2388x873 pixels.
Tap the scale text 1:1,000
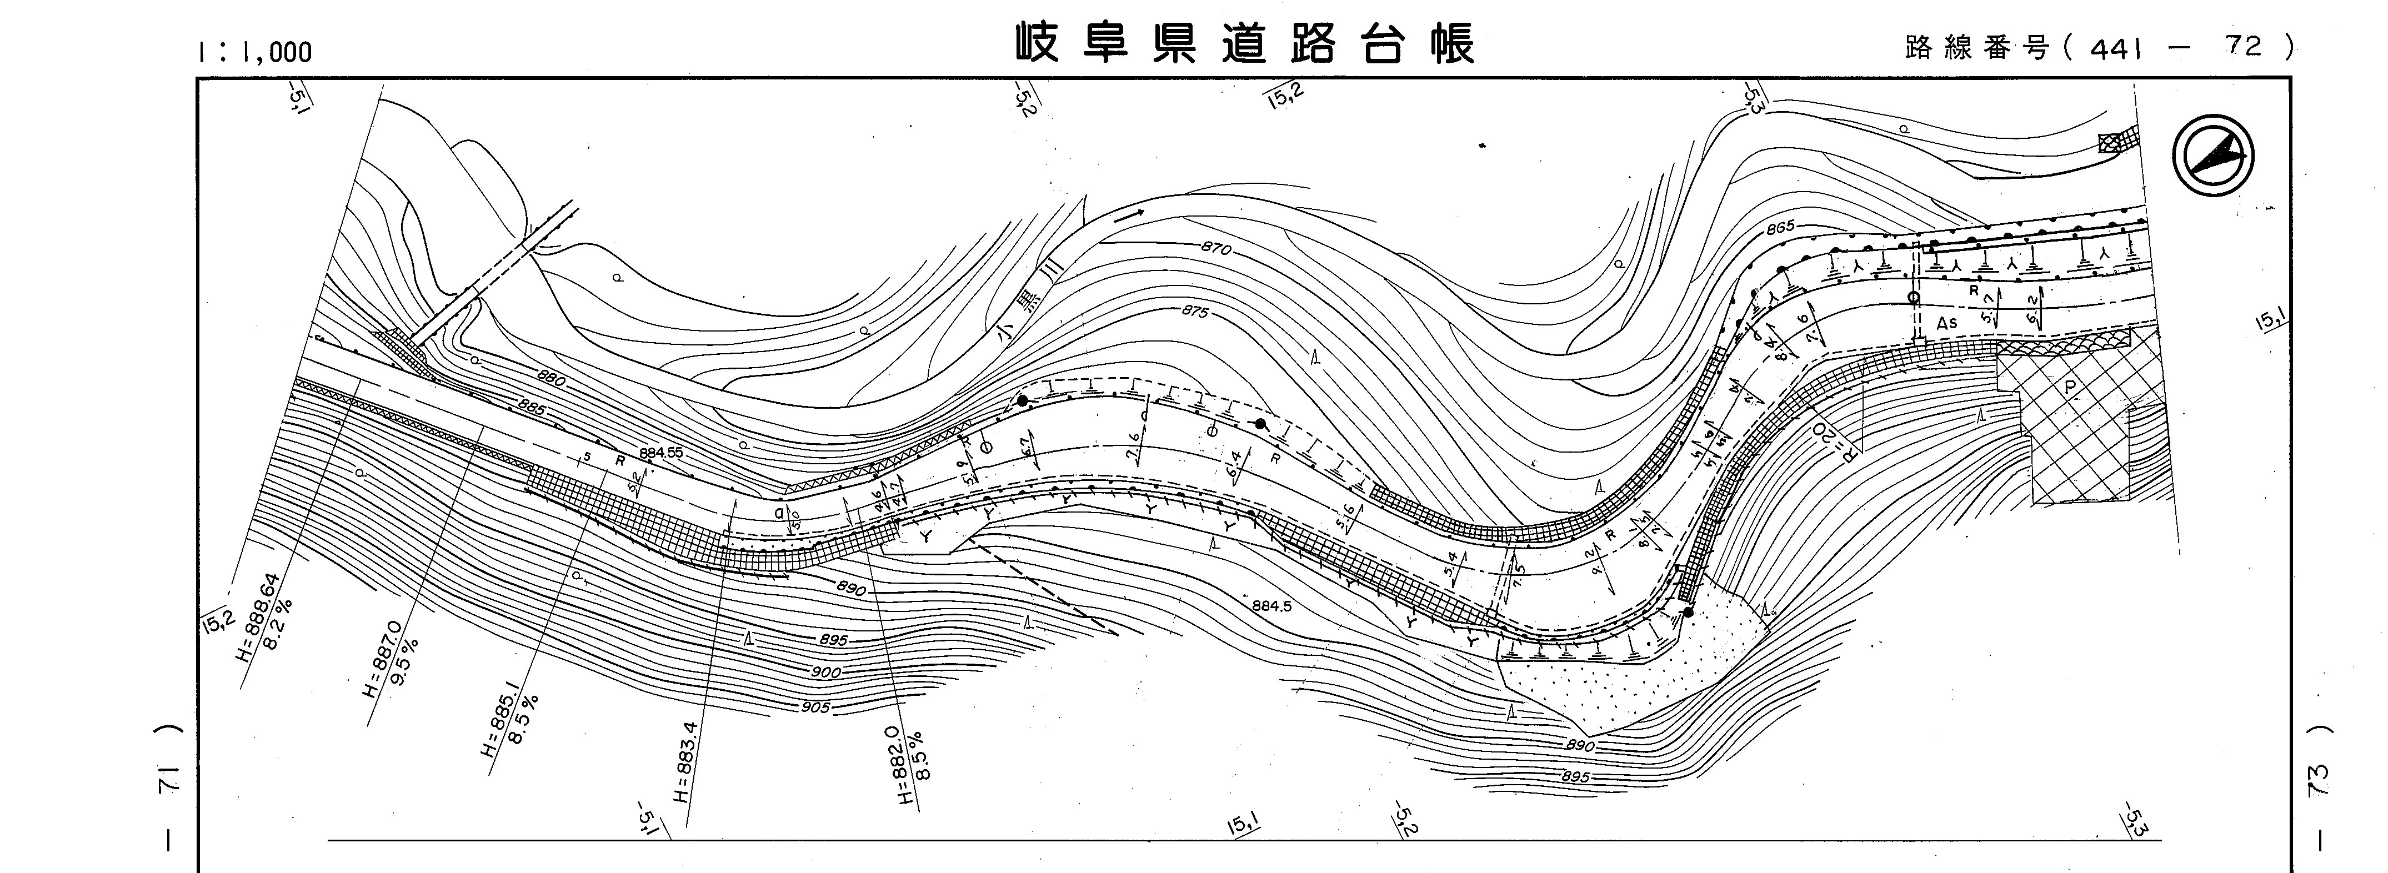click(x=254, y=52)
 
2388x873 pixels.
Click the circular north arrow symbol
click(x=2213, y=155)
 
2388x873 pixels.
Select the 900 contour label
click(x=825, y=672)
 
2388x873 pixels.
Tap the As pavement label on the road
click(x=1947, y=323)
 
